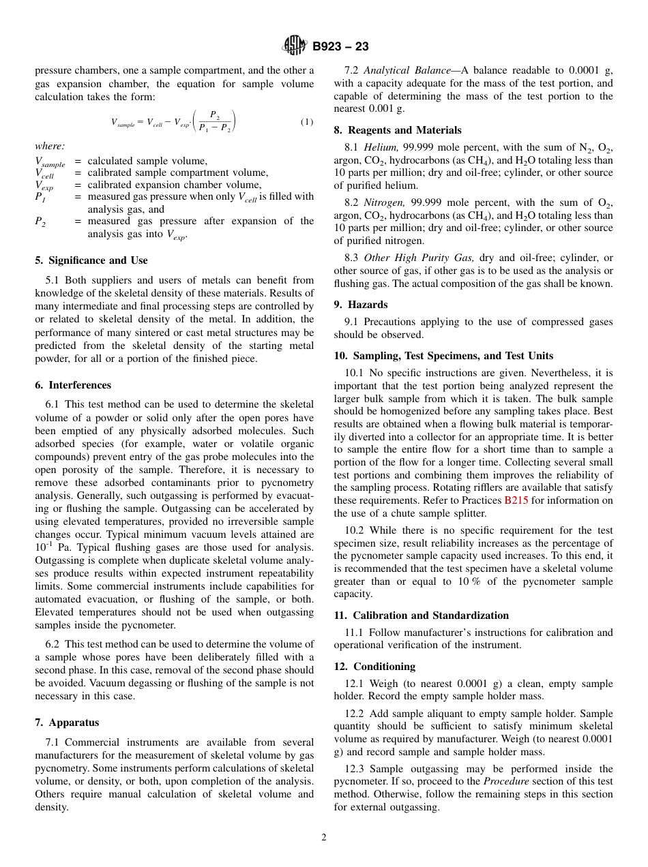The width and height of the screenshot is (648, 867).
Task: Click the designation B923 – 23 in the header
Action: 340,46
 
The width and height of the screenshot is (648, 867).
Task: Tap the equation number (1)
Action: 306,122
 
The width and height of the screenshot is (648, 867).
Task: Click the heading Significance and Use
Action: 91,260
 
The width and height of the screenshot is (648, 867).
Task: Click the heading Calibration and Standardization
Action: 421,615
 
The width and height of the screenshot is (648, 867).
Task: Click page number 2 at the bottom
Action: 324,838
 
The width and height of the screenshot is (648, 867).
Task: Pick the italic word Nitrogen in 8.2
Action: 383,203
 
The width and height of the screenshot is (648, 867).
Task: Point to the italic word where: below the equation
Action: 49,146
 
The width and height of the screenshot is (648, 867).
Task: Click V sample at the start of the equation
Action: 123,123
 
